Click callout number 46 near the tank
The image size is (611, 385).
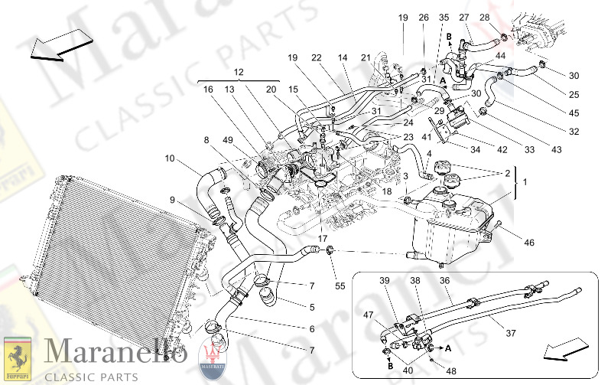click(528, 243)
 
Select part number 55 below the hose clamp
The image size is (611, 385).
click(340, 286)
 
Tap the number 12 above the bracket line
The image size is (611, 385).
click(239, 72)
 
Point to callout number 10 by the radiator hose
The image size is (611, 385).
click(170, 158)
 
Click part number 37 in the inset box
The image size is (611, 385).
click(511, 333)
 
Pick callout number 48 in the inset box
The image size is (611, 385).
click(451, 371)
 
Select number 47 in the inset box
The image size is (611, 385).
click(369, 315)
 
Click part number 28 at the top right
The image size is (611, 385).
click(484, 18)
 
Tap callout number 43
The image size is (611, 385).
click(557, 149)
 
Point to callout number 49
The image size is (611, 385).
click(229, 139)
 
